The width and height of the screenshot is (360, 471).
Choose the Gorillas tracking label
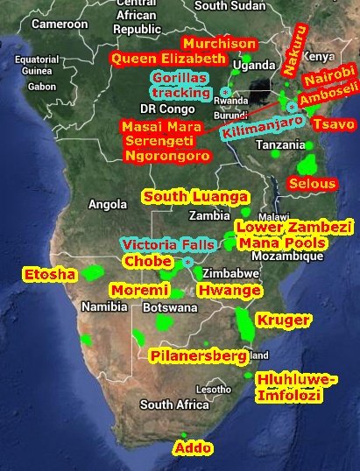181,84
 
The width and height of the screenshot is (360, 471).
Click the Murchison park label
218,44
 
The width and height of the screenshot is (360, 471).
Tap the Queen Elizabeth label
167,59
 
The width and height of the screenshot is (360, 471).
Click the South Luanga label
195,196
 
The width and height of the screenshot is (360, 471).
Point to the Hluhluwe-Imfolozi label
294,387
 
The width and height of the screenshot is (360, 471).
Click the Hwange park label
229,290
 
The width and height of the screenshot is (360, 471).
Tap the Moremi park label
139,290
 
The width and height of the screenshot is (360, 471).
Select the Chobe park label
146,262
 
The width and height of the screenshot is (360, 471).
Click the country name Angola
108,205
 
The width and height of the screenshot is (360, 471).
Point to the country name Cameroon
60,25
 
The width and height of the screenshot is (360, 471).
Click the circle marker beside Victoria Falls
188,262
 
